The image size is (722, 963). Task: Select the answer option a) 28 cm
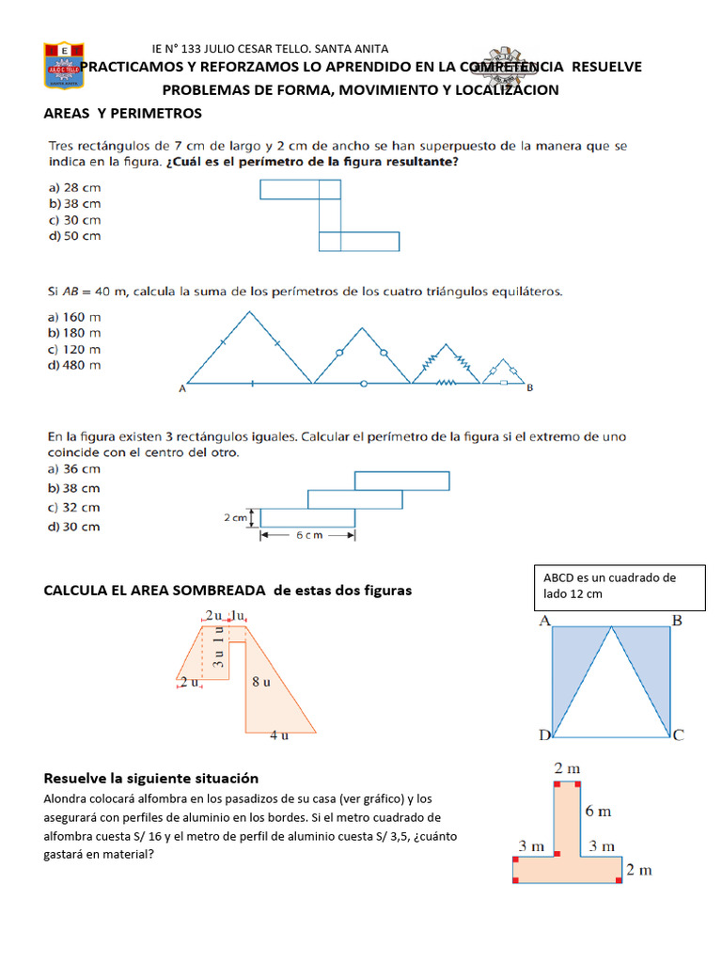pos(74,187)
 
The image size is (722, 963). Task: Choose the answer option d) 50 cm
pos(74,236)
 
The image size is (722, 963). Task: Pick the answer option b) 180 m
pos(74,333)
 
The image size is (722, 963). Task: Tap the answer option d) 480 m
pos(74,365)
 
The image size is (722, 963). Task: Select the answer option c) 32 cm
pos(74,507)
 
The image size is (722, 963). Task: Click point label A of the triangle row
pos(180,387)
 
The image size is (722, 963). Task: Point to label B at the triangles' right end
pos(530,387)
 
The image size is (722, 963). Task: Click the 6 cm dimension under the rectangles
pos(306,536)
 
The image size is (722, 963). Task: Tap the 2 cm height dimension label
pos(235,517)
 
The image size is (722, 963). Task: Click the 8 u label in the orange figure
pos(260,683)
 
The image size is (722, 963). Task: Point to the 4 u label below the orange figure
pos(279,736)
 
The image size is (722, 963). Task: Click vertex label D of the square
pos(544,735)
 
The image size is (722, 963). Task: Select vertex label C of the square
pos(678,735)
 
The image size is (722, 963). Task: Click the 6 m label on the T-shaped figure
pos(598,811)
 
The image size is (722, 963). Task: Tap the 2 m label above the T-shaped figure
pos(567,768)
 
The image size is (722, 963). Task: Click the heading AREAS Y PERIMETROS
pos(123,114)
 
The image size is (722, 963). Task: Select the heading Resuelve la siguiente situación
pos(151,779)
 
